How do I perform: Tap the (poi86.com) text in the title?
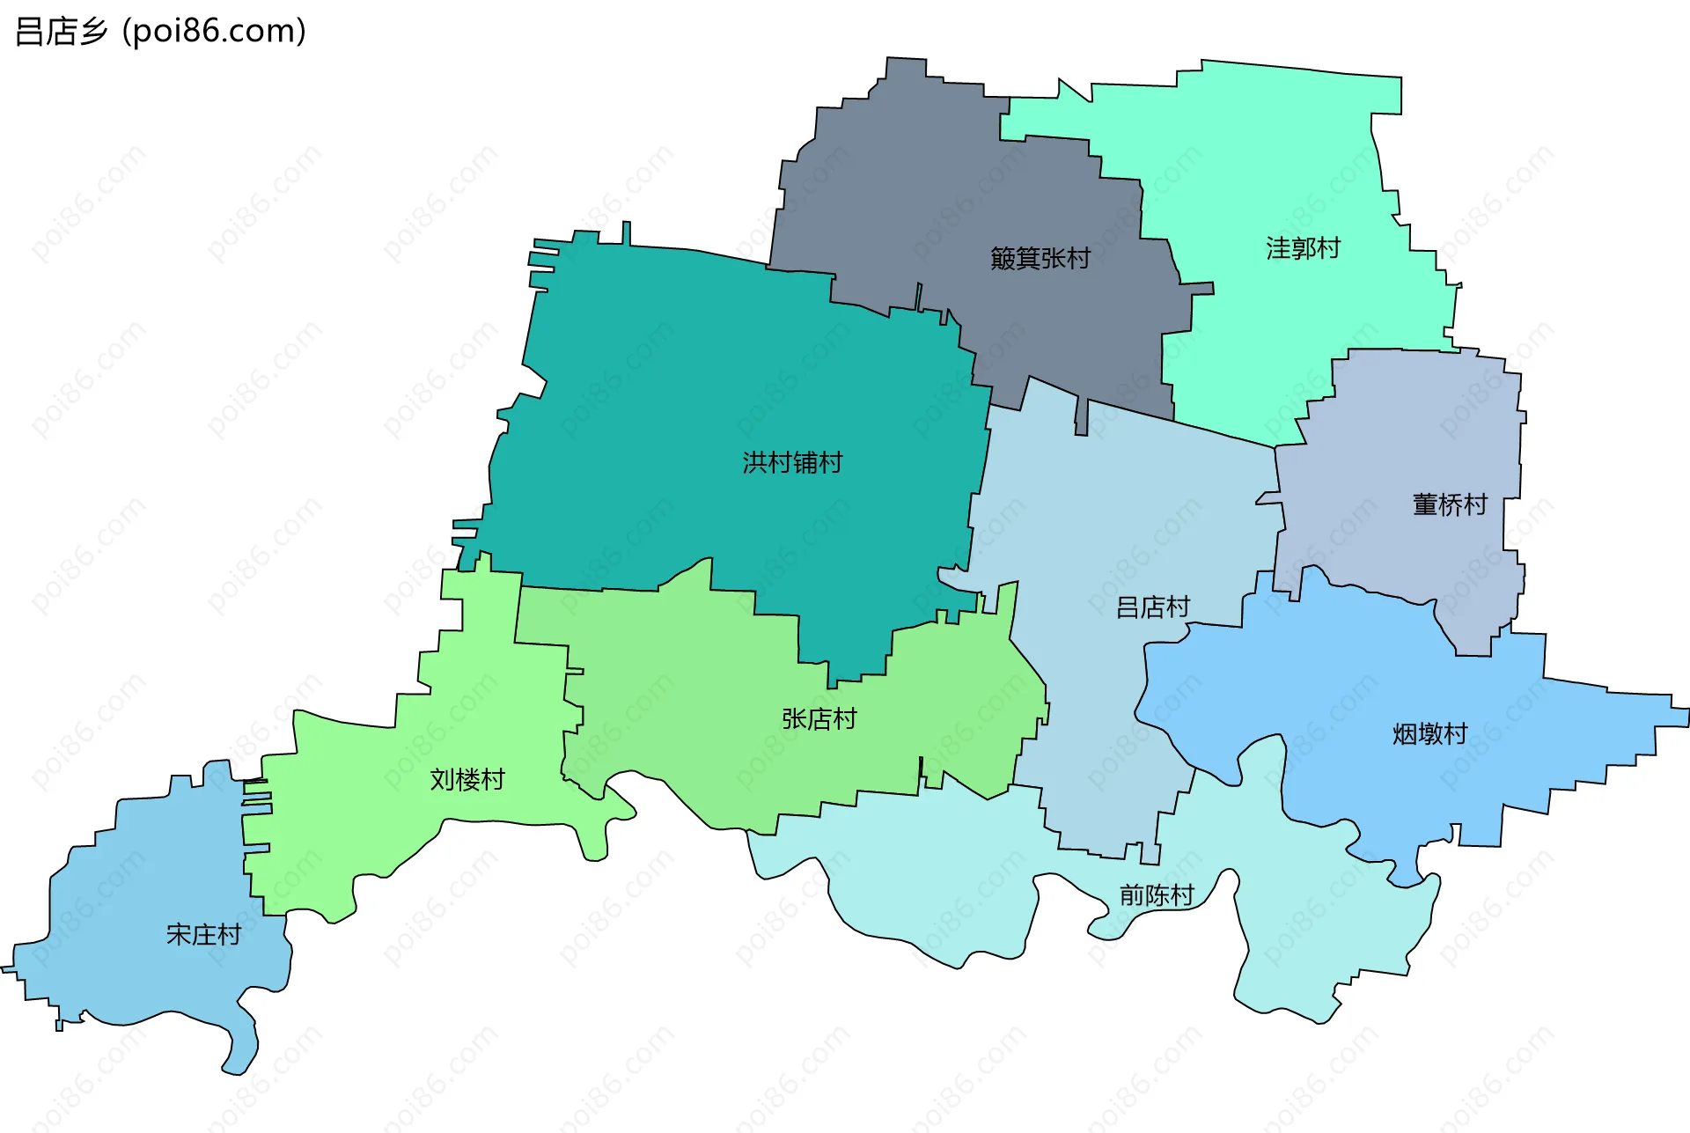pos(214,32)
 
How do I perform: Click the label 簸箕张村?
pos(1040,258)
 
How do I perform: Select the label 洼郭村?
pos(1303,248)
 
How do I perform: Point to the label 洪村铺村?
pos(792,462)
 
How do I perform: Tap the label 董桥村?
pos(1450,504)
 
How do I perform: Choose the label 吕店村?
pos(1152,607)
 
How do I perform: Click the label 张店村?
pos(819,719)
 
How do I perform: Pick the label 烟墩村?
pos(1429,733)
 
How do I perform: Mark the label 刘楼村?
pos(467,779)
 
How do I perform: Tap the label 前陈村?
pos(1156,895)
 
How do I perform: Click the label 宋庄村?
pos(203,934)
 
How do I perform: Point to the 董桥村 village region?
pos(1408,423)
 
